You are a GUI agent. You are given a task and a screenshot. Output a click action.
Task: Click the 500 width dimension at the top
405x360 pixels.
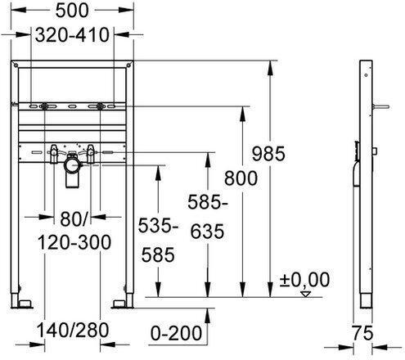(74, 11)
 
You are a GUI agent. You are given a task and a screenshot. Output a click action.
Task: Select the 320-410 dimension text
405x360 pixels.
(74, 35)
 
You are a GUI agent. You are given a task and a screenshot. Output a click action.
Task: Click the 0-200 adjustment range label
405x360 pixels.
(178, 332)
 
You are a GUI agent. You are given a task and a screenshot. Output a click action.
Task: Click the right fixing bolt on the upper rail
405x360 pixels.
(101, 107)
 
